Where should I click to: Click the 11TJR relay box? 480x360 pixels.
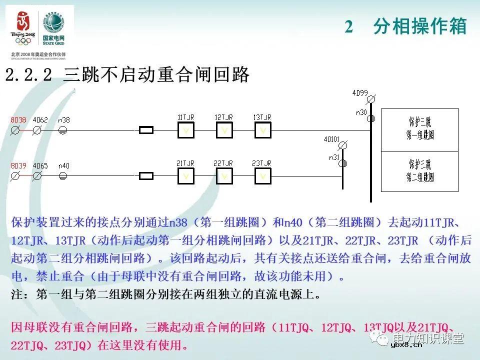[x=186, y=130]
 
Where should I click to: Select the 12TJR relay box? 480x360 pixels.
[x=224, y=130]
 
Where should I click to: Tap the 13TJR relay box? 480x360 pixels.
[x=262, y=130]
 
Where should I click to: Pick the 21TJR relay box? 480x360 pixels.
[x=186, y=176]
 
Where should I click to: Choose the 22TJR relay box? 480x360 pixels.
[x=224, y=176]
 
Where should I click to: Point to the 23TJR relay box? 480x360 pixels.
[x=262, y=176]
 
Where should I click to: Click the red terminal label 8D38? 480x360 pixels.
[x=18, y=120]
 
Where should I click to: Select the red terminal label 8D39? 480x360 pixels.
[x=18, y=165]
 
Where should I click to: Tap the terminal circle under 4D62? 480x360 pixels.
[x=36, y=130]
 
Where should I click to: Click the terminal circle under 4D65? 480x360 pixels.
[x=36, y=176]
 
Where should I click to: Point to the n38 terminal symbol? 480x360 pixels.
[x=63, y=130]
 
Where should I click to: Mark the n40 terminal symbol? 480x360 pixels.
[x=63, y=176]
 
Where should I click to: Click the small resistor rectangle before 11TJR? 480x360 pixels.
[x=145, y=130]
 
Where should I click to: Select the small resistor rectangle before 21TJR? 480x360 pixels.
[x=145, y=176]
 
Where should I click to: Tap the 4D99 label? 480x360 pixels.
[x=359, y=93]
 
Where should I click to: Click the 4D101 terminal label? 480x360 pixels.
[x=331, y=138]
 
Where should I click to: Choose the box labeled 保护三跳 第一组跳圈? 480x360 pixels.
[x=419, y=128]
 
